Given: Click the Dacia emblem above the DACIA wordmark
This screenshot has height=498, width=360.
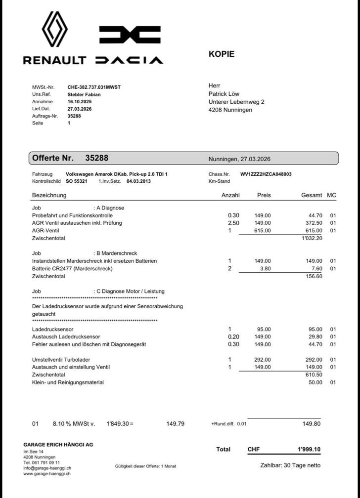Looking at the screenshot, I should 130,35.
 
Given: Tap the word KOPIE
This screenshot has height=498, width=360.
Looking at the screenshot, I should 222,54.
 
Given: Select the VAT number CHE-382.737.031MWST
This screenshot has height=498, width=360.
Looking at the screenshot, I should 94,87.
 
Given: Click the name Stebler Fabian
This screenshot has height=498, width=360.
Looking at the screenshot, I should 84,94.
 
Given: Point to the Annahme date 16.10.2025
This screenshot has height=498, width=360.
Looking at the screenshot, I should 80,101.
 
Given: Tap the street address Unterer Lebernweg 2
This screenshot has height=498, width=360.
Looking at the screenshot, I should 236,102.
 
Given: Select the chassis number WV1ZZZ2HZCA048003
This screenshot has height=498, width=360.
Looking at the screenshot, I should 266,174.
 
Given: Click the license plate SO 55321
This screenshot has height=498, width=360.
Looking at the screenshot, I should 77,181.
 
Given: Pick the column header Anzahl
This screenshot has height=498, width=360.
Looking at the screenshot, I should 230,195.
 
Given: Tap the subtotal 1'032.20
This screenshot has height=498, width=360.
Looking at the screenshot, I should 312,238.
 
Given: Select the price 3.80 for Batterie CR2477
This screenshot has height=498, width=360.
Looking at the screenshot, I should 265,269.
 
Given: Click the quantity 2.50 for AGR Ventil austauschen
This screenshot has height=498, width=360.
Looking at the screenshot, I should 233,223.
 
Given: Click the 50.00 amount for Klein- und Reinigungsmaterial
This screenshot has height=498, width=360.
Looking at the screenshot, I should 315,382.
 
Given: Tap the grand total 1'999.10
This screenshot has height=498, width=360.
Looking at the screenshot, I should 309,450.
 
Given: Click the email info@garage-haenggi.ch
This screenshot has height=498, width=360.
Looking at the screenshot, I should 47,468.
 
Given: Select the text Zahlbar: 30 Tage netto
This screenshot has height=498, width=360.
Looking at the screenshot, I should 290,465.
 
